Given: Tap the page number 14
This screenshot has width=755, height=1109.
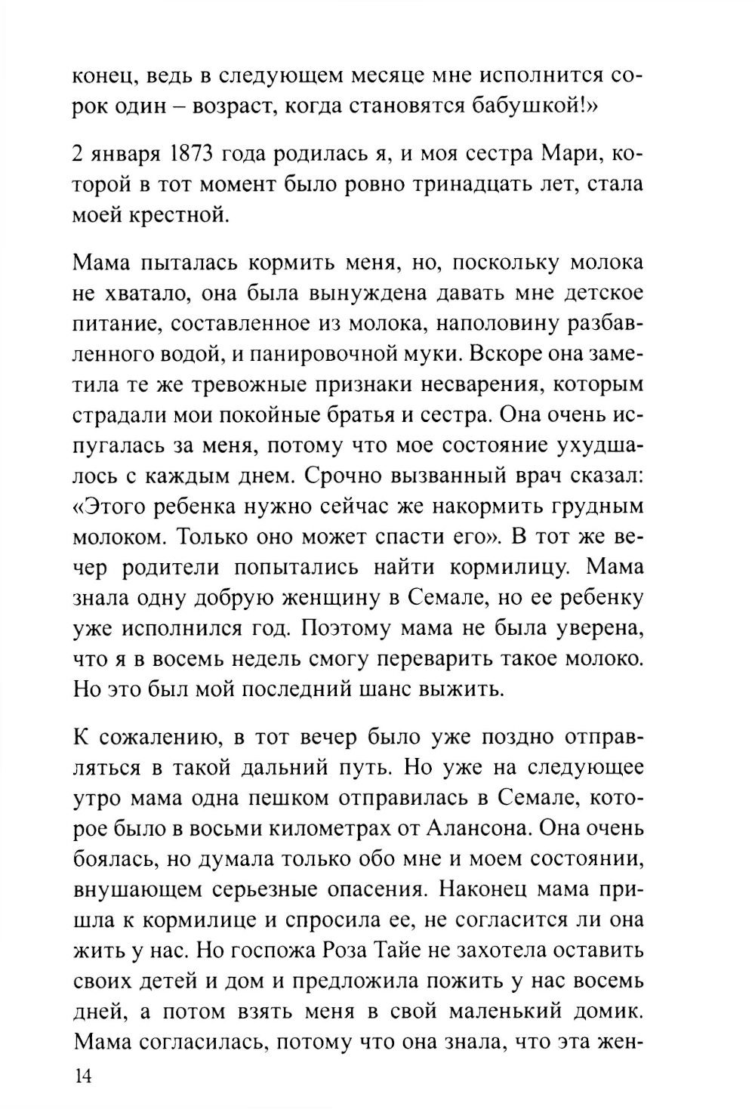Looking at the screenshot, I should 82,1077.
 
